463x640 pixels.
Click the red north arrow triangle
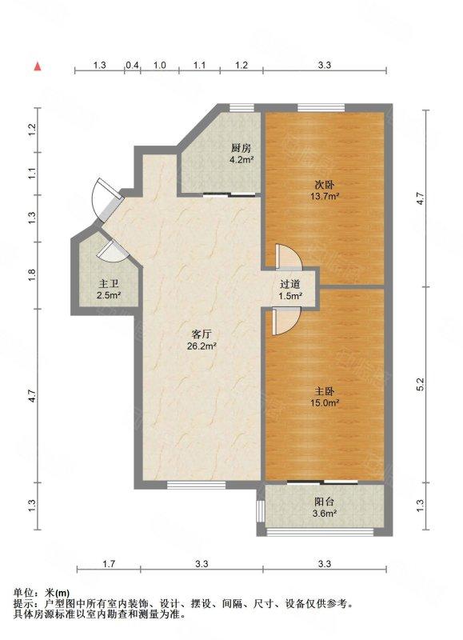coord(37,66)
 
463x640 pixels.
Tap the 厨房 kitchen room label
coord(241,148)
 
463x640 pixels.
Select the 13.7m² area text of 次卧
coord(325,196)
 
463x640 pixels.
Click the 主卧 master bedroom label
coord(325,392)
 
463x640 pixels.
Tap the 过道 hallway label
coord(290,284)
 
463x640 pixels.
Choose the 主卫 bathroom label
coord(109,284)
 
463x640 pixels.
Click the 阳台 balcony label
coord(325,502)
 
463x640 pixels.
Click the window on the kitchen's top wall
coord(241,107)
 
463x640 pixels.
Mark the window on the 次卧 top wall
coord(321,107)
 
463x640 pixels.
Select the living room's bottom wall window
coord(197,486)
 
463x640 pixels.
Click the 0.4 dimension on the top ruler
coord(133,65)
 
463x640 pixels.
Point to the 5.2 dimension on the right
coord(421,384)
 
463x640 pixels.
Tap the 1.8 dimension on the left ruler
coord(33,274)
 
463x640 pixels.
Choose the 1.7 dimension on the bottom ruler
coord(109,564)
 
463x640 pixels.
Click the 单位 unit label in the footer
coord(22,593)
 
